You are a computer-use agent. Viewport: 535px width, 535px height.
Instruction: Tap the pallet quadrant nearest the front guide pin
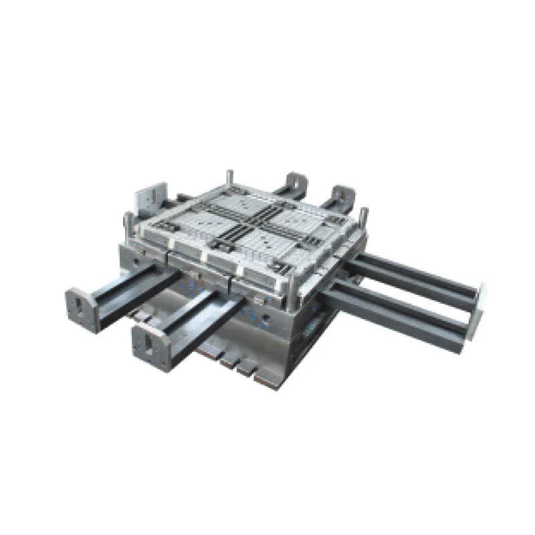tap(267, 247)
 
